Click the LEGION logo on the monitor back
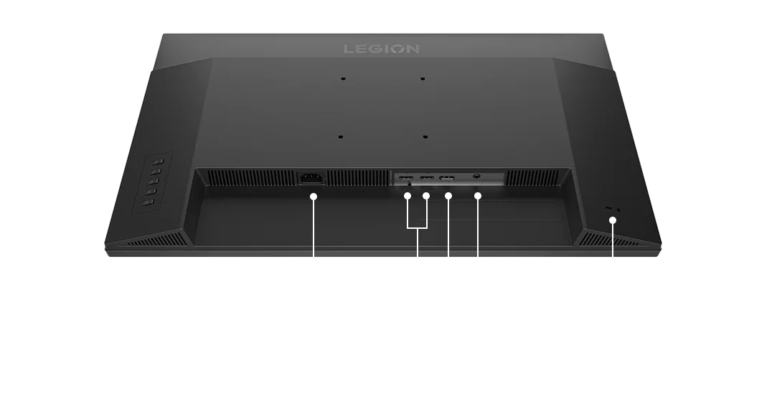point(382,49)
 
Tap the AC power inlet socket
point(311,178)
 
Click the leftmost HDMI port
point(406,177)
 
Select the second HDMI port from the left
point(427,177)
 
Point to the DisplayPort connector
point(447,177)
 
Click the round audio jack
point(477,175)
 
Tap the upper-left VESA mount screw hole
point(343,78)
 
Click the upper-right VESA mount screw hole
point(422,78)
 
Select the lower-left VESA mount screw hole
point(340,137)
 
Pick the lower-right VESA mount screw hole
point(425,137)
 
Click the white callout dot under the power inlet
point(314,197)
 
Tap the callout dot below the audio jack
point(478,196)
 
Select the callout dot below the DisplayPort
point(448,196)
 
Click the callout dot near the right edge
point(613,220)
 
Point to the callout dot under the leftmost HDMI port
point(408,196)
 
